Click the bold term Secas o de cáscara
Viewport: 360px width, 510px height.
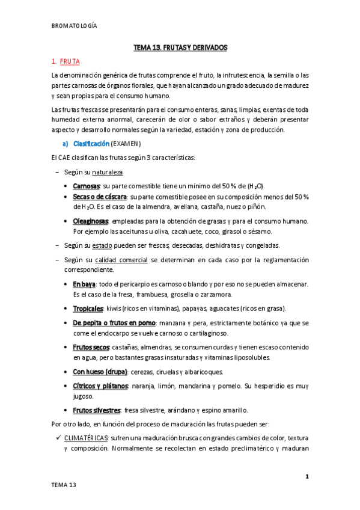(x=100, y=197)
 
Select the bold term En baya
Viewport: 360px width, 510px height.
(x=85, y=283)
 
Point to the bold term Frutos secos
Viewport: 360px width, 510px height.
(x=91, y=348)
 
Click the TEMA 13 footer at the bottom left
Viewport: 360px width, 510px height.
(x=64, y=484)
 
